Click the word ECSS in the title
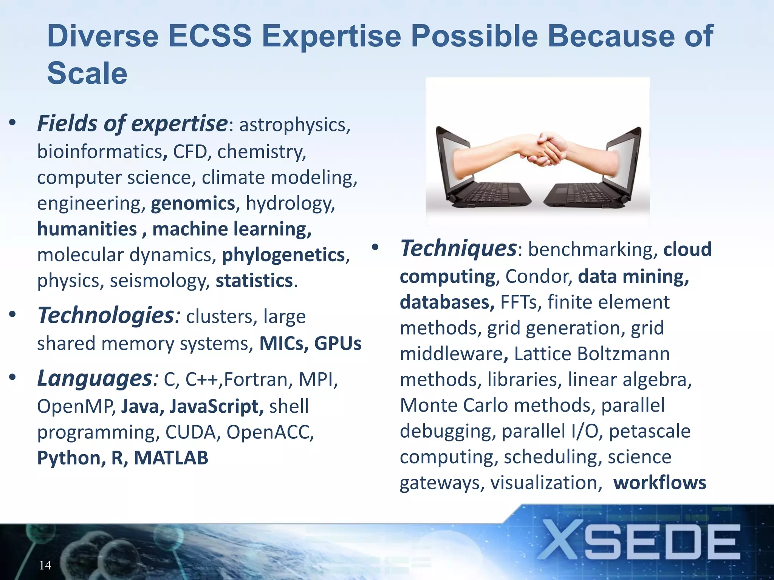pyautogui.click(x=209, y=36)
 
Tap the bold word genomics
pyautogui.click(x=193, y=204)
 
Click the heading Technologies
pyautogui.click(x=106, y=316)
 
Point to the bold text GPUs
pyautogui.click(x=337, y=344)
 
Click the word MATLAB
pyautogui.click(x=171, y=458)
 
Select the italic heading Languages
pyautogui.click(x=94, y=379)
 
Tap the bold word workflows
pyautogui.click(x=659, y=483)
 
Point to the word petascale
pyautogui.click(x=650, y=431)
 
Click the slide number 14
pyautogui.click(x=45, y=565)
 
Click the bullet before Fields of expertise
pyautogui.click(x=13, y=123)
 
